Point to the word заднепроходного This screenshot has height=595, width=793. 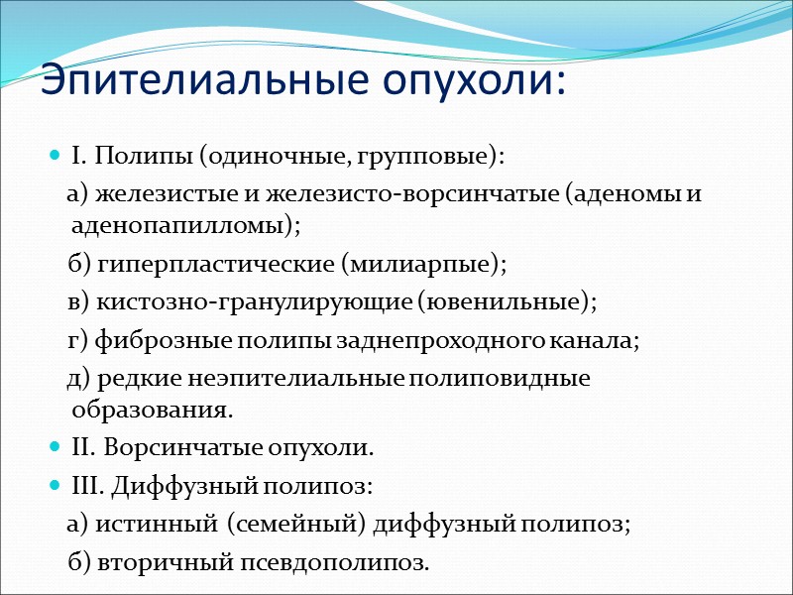(x=427, y=340)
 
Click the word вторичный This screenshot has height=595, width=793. (x=161, y=562)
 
